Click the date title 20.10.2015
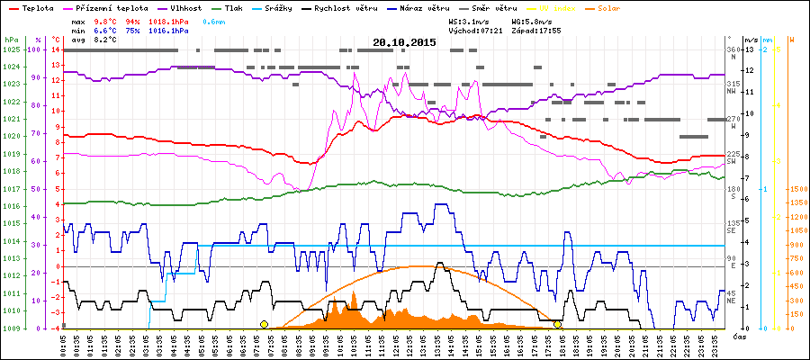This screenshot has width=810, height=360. coord(405,42)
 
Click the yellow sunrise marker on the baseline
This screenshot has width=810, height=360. coord(264,324)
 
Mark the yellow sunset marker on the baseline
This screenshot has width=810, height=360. coord(558,324)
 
